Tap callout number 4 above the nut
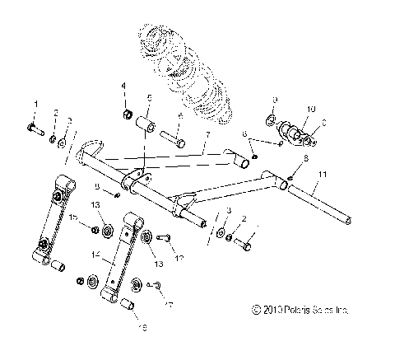pyautogui.click(x=124, y=86)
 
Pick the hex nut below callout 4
pyautogui.click(x=128, y=112)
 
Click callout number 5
pyautogui.click(x=149, y=98)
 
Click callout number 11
pyautogui.click(x=323, y=175)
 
